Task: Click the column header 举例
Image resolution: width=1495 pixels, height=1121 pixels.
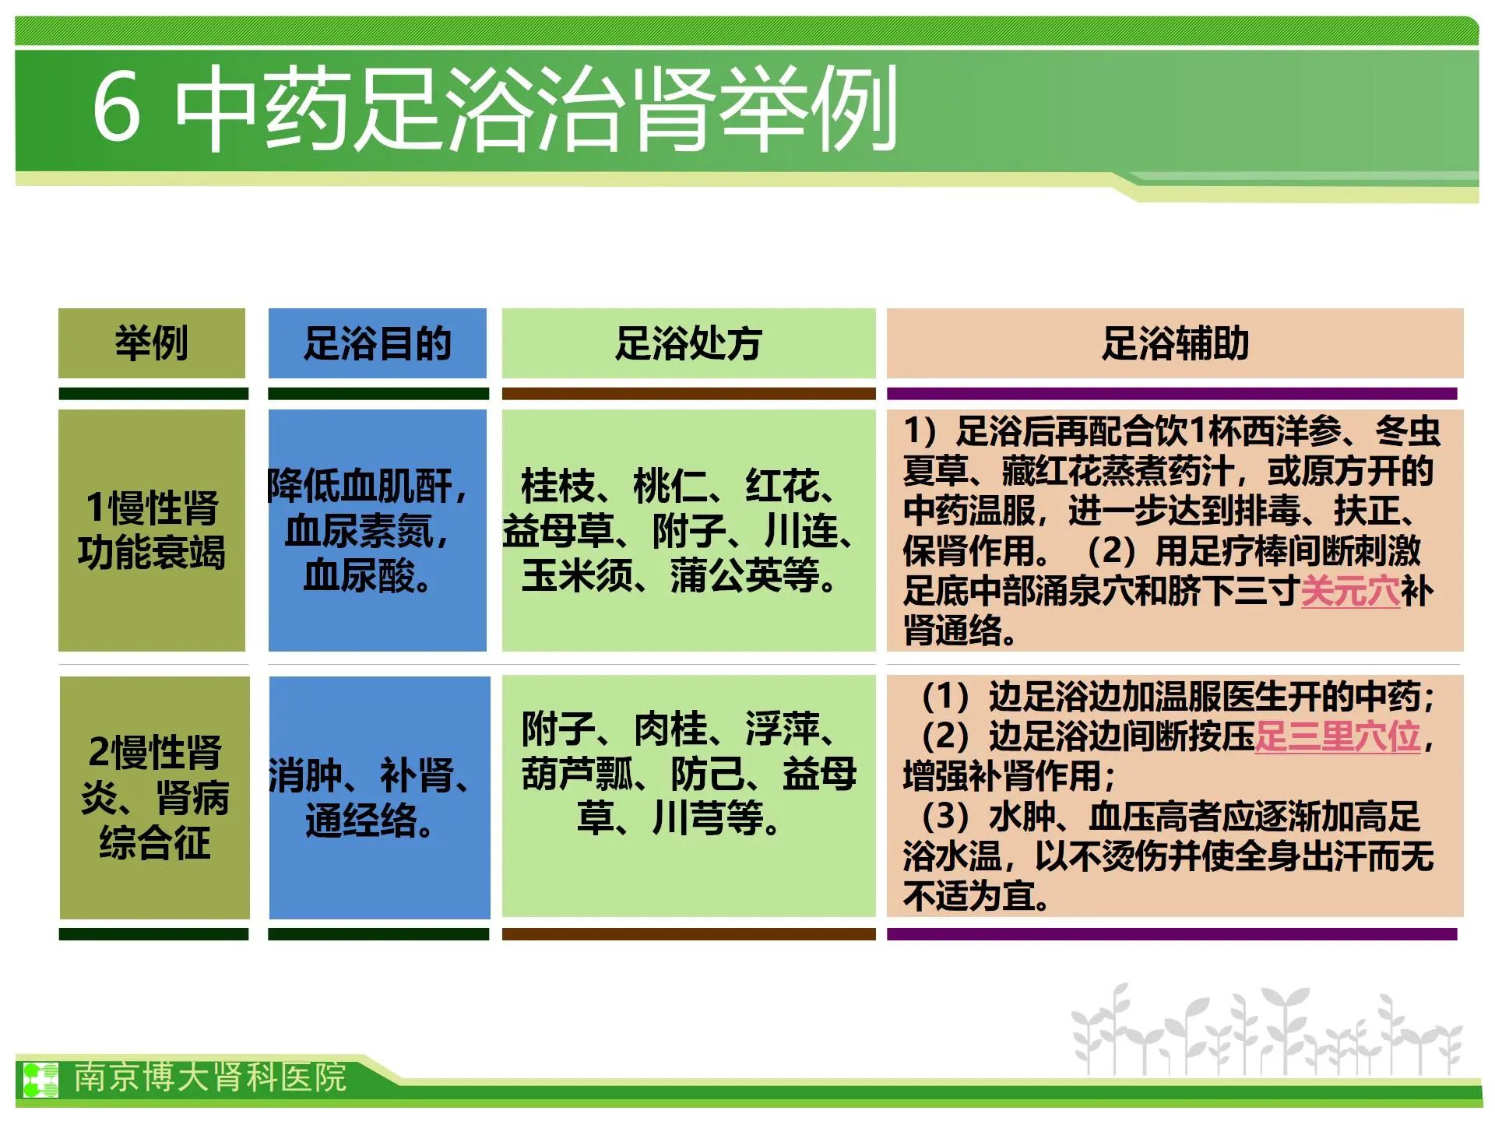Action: [152, 343]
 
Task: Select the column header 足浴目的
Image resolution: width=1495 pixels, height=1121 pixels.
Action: [378, 343]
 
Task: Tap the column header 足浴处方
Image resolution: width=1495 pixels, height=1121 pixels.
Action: [688, 343]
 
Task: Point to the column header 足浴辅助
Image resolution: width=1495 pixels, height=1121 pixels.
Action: [1175, 343]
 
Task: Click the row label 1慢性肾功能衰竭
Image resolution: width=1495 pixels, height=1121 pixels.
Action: [152, 530]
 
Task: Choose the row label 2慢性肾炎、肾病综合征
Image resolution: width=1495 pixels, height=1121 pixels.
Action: [155, 797]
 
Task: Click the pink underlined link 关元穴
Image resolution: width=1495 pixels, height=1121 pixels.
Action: [1350, 591]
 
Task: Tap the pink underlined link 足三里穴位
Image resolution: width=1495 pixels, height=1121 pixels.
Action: [1338, 736]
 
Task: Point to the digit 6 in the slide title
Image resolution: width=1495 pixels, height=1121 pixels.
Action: [117, 107]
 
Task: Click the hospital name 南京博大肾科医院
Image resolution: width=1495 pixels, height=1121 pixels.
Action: [210, 1077]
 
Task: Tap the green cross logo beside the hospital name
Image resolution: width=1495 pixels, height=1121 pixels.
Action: [40, 1080]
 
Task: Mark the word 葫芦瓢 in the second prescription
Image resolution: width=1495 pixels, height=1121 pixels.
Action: [577, 774]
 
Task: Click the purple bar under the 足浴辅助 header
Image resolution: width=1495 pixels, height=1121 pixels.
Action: [1172, 394]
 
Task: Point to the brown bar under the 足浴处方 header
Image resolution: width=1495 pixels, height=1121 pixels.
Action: [689, 394]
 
